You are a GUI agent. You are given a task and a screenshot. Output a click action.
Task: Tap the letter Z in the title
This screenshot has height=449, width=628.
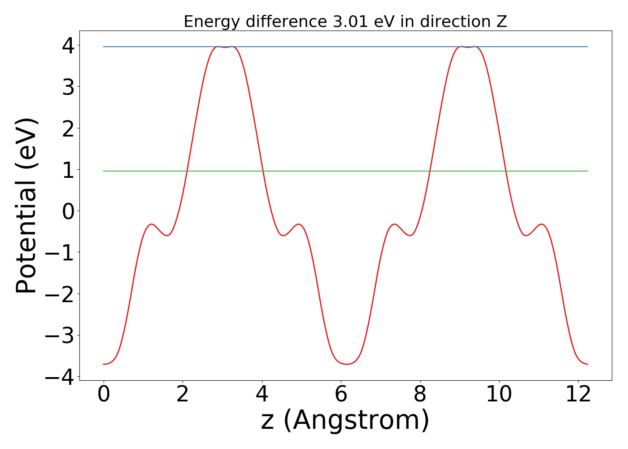click(502, 22)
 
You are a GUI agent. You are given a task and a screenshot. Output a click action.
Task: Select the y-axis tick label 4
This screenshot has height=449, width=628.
click(68, 46)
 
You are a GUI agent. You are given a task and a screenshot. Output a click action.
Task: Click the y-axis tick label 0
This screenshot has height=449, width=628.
click(68, 211)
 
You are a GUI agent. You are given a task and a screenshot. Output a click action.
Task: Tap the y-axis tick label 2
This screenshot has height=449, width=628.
click(68, 128)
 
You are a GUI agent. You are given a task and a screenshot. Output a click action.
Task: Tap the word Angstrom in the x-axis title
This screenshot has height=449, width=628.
click(357, 421)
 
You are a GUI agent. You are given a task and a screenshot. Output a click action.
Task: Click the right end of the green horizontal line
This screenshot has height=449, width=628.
click(588, 171)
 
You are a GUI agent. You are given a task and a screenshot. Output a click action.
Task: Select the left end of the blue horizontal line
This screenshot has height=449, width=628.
click(104, 47)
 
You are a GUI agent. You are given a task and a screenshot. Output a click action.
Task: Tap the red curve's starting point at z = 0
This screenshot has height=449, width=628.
click(104, 364)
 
